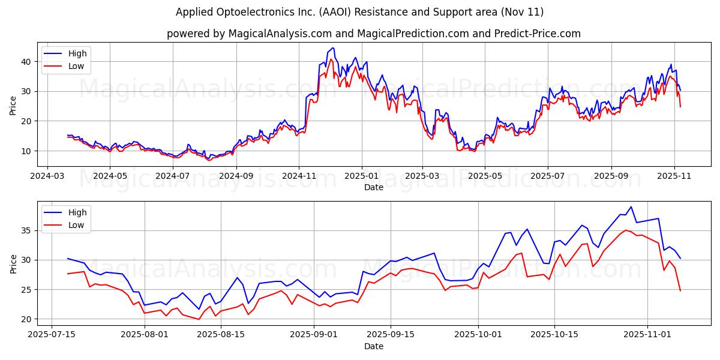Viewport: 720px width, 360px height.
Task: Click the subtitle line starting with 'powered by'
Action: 373,34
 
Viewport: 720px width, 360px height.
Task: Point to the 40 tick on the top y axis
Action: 26,62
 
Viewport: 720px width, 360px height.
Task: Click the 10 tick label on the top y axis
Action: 26,151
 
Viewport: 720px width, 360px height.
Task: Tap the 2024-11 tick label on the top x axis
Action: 299,176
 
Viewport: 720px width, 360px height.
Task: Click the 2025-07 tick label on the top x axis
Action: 547,176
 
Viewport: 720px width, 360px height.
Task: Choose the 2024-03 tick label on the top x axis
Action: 47,176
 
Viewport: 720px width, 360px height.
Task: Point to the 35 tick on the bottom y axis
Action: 26,230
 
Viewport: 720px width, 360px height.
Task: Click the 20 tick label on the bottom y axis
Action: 26,320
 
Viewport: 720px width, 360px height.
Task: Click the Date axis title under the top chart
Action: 373,188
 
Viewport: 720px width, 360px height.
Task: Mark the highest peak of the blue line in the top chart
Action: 333,48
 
